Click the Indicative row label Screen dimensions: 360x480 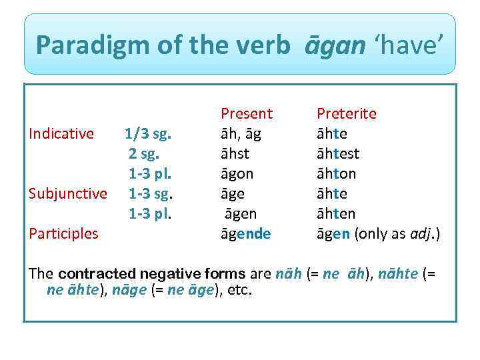click(61, 133)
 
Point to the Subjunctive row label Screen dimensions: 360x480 click(67, 193)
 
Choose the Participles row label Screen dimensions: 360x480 click(63, 233)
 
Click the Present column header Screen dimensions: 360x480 click(247, 113)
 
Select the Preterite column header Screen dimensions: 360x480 click(346, 113)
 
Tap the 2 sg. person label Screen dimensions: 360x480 click(150, 153)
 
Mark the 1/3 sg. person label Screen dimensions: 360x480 click(148, 133)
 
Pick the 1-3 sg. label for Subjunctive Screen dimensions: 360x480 click(151, 193)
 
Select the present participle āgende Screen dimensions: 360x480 click(246, 233)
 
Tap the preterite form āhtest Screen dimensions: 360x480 click(338, 153)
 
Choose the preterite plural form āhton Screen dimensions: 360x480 click(336, 173)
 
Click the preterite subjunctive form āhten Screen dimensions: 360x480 click(336, 213)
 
